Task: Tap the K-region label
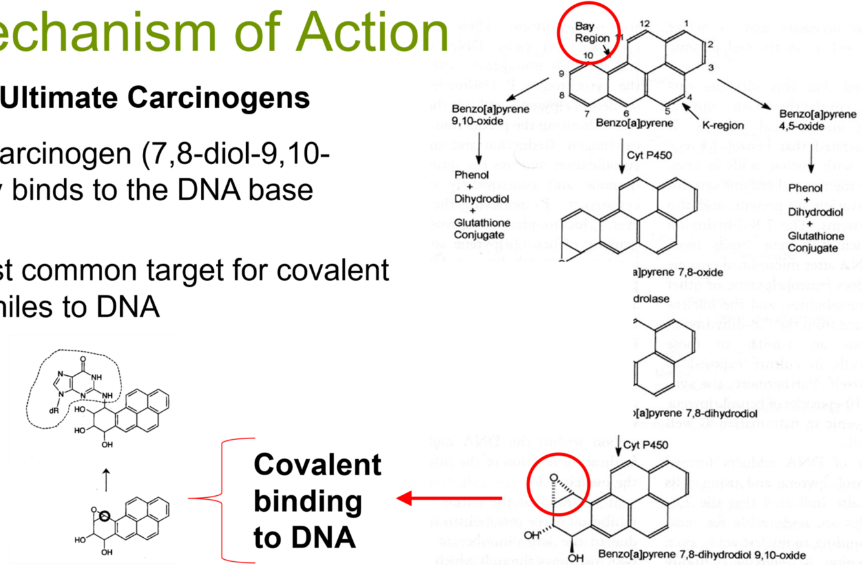[722, 125]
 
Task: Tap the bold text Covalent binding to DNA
[317, 501]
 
